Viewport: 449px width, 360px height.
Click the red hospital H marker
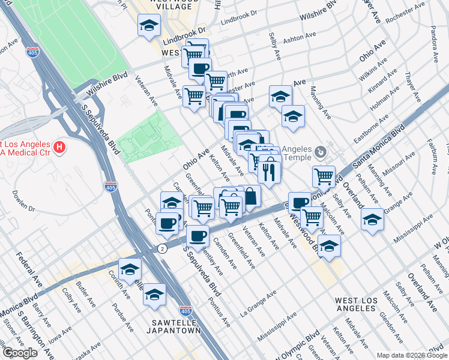tap(59, 146)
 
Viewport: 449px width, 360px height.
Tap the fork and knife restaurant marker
tap(270, 171)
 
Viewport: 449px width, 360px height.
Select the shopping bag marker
tap(250, 195)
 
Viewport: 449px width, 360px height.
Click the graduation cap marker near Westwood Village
tap(149, 26)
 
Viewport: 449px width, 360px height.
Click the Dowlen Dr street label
tap(23, 202)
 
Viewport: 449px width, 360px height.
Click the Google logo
tap(20, 353)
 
